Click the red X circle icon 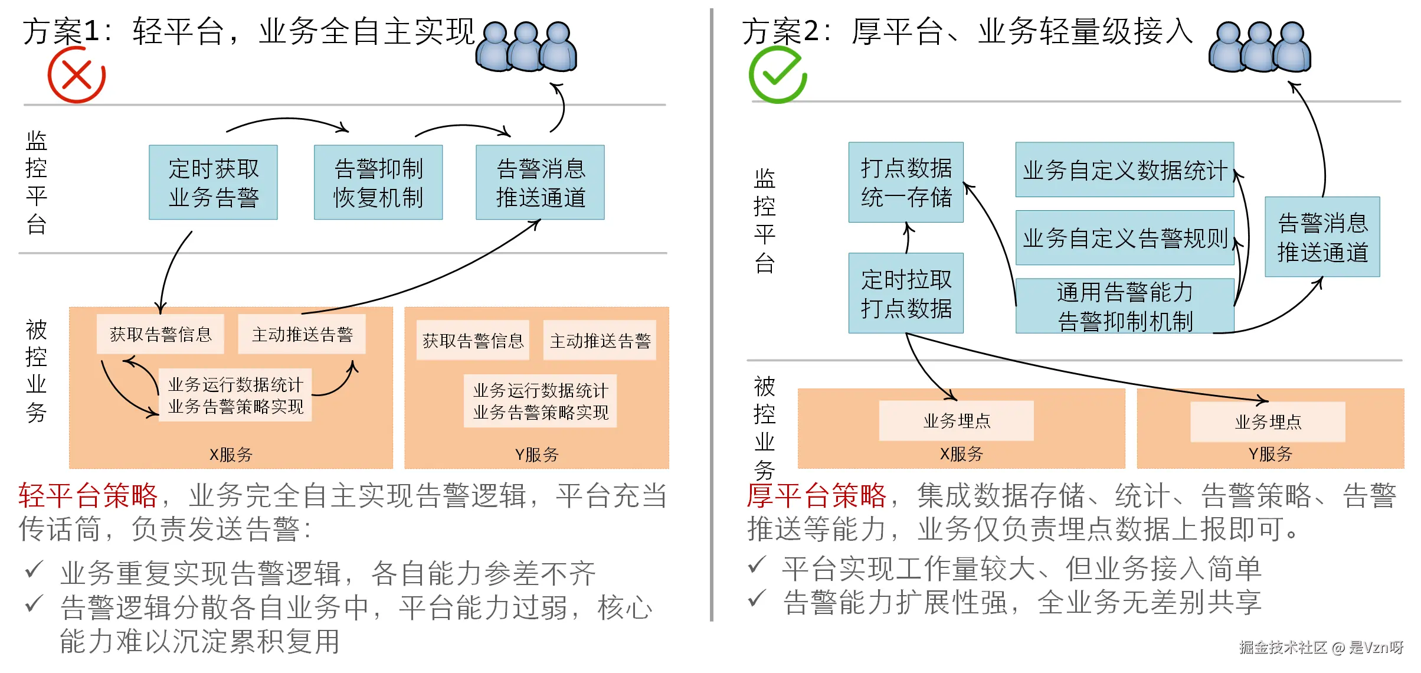(76, 75)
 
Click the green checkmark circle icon (777, 75)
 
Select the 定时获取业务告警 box (213, 182)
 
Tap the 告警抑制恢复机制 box (378, 182)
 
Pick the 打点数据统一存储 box (906, 182)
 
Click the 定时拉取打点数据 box (906, 293)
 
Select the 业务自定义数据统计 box (1124, 170)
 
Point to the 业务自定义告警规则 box (1124, 238)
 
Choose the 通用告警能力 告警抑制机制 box (1124, 306)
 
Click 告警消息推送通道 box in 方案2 (1322, 237)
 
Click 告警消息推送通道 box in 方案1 (540, 182)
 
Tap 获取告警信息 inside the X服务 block (161, 335)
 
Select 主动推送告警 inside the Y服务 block (600, 341)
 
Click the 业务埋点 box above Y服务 (1268, 422)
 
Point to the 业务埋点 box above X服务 (956, 421)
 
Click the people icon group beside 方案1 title (526, 47)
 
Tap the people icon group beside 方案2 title (1260, 47)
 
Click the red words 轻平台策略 (88, 495)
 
